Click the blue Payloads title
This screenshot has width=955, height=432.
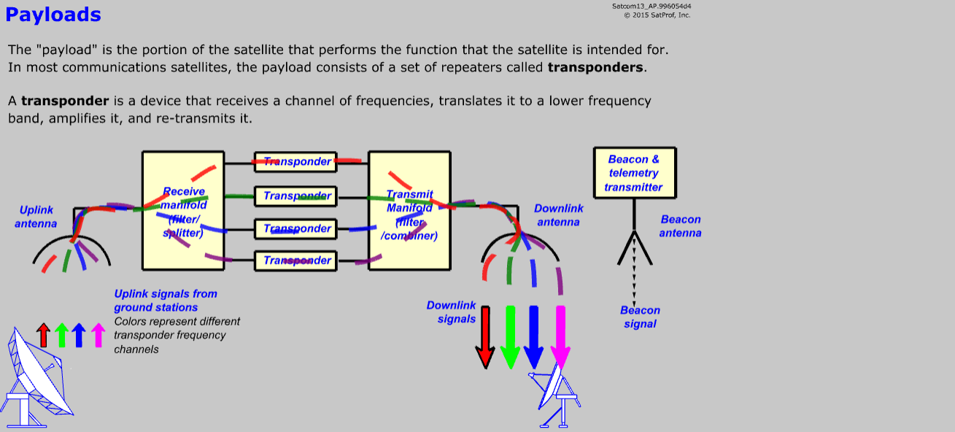pos(53,14)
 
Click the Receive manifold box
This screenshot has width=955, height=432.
pos(183,211)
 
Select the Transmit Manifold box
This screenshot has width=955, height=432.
pos(409,211)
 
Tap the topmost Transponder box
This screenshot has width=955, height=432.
pos(295,162)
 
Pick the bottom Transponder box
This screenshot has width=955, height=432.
pos(295,261)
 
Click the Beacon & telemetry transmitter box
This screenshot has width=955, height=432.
pos(635,173)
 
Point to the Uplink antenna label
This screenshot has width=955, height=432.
pos(36,217)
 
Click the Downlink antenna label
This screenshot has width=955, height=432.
pos(559,215)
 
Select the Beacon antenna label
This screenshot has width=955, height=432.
pos(681,226)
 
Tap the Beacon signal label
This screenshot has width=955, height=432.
pos(641,317)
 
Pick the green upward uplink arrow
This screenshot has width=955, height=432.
pos(61,335)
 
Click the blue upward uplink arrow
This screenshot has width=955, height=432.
pos(80,335)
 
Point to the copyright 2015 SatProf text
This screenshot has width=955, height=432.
pos(657,15)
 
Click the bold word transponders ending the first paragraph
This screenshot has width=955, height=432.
pos(595,68)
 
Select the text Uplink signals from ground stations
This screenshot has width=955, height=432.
pos(166,301)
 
